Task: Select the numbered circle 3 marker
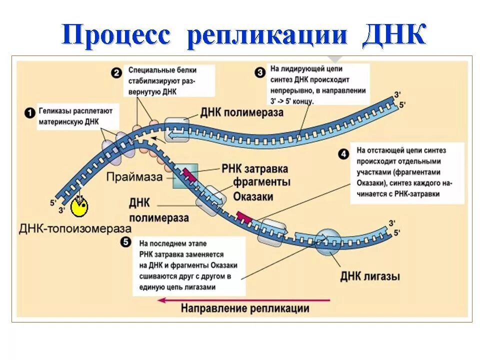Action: tap(260, 73)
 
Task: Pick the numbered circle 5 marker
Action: tap(126, 242)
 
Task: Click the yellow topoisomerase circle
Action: tap(79, 206)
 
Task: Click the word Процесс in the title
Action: tap(116, 36)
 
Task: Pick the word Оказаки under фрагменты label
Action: tap(253, 196)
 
